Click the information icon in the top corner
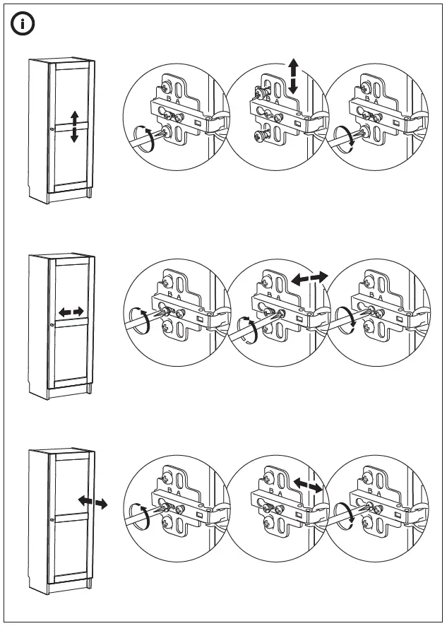23,23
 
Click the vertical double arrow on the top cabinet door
74,126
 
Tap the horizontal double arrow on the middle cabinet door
71,311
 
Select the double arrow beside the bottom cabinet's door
93,502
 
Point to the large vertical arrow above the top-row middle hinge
293,77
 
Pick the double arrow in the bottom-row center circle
309,485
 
